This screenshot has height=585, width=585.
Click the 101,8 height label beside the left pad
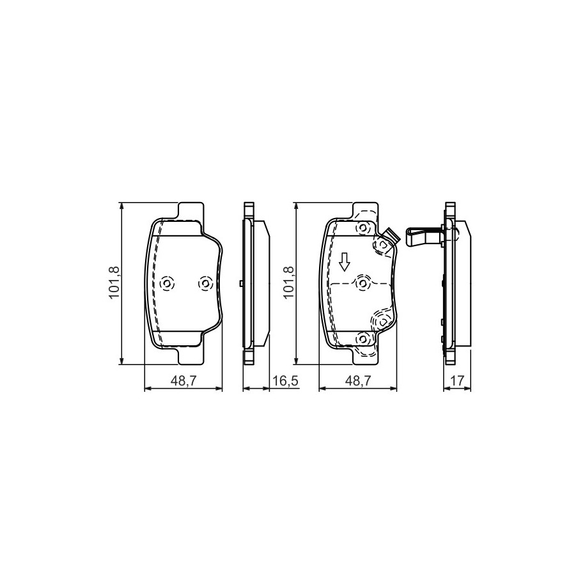click(114, 283)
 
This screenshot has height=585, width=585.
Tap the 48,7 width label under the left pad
click(183, 380)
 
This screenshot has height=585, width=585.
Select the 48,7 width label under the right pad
click(358, 380)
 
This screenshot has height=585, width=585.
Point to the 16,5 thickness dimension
click(285, 380)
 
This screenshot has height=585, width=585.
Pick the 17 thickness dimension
click(457, 380)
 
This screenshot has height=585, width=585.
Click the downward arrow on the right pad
click(345, 261)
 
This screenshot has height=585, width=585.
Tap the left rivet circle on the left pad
click(167, 284)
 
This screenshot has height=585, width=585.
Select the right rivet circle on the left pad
click(205, 284)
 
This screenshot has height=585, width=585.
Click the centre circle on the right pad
click(362, 283)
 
